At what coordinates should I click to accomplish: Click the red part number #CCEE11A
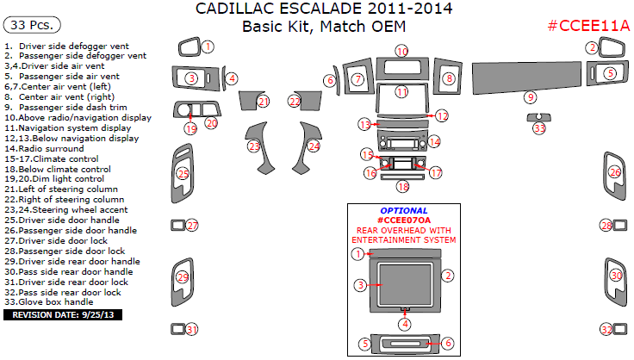588,27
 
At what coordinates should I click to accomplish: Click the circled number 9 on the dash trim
531,97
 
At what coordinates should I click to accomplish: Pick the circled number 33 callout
539,128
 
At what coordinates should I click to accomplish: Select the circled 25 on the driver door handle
183,174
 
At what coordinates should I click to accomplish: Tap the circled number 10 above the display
402,52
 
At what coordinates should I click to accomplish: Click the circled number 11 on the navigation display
401,91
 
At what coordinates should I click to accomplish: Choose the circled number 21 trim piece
264,102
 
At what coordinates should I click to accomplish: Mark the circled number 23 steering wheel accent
254,146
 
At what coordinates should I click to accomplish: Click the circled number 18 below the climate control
402,186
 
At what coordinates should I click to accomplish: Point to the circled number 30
615,276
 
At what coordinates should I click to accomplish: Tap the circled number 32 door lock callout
606,330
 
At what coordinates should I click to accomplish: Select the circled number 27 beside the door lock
192,226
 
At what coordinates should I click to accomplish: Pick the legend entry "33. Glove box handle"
48,302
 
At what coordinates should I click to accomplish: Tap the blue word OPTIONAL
403,210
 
